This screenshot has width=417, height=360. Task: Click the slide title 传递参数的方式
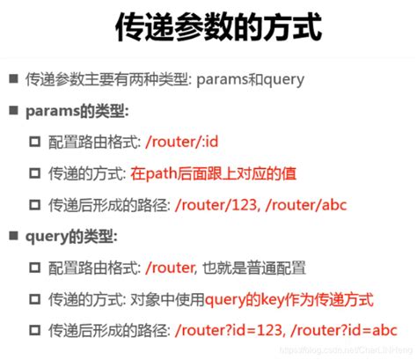click(x=208, y=28)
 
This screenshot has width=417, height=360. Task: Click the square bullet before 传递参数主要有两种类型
click(x=13, y=79)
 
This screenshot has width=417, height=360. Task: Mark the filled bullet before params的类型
click(x=13, y=111)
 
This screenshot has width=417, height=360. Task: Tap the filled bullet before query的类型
click(x=13, y=237)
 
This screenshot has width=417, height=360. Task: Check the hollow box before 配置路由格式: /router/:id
click(x=35, y=143)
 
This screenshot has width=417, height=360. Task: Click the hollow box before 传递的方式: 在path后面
click(x=35, y=174)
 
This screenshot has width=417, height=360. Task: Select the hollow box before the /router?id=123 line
click(x=35, y=331)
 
